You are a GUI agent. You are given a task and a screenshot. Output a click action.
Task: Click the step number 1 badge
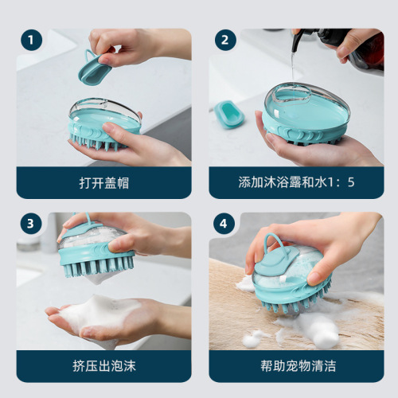pyautogui.click(x=31, y=41)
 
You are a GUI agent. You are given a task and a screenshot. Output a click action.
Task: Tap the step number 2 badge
pyautogui.click(x=224, y=41)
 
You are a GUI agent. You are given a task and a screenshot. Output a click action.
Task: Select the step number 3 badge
pyautogui.click(x=31, y=224)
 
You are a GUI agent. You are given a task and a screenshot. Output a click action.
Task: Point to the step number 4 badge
pyautogui.click(x=224, y=224)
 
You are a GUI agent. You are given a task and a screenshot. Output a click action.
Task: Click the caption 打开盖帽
pyautogui.click(x=104, y=182)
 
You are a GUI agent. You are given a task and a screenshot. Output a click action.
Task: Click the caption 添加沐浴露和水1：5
pyautogui.click(x=296, y=182)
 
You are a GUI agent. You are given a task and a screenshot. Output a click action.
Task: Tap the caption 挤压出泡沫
pyautogui.click(x=104, y=366)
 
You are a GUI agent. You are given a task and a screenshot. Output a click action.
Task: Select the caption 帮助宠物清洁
pyautogui.click(x=296, y=366)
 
